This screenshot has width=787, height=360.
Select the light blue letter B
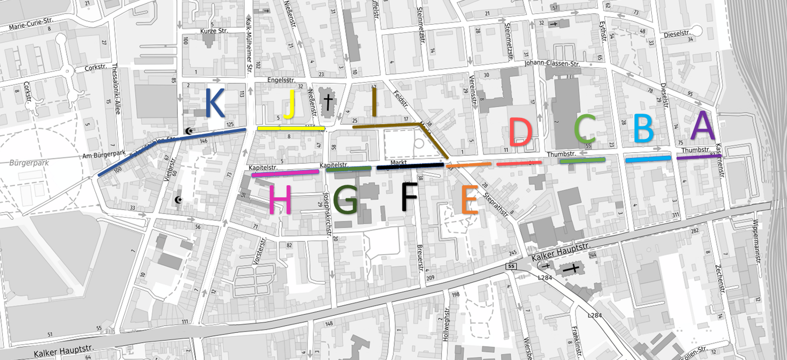click(x=643, y=129)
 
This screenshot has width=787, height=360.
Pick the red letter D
click(x=520, y=132)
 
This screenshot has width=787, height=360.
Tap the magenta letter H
click(x=280, y=201)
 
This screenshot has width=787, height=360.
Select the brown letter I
click(x=374, y=102)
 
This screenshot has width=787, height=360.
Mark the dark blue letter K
click(x=215, y=103)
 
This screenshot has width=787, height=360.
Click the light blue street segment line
click(x=648, y=158)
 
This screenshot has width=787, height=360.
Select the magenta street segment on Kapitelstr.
click(x=285, y=173)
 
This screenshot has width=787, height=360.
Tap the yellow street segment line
click(x=291, y=128)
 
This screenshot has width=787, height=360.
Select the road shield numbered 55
click(x=512, y=266)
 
